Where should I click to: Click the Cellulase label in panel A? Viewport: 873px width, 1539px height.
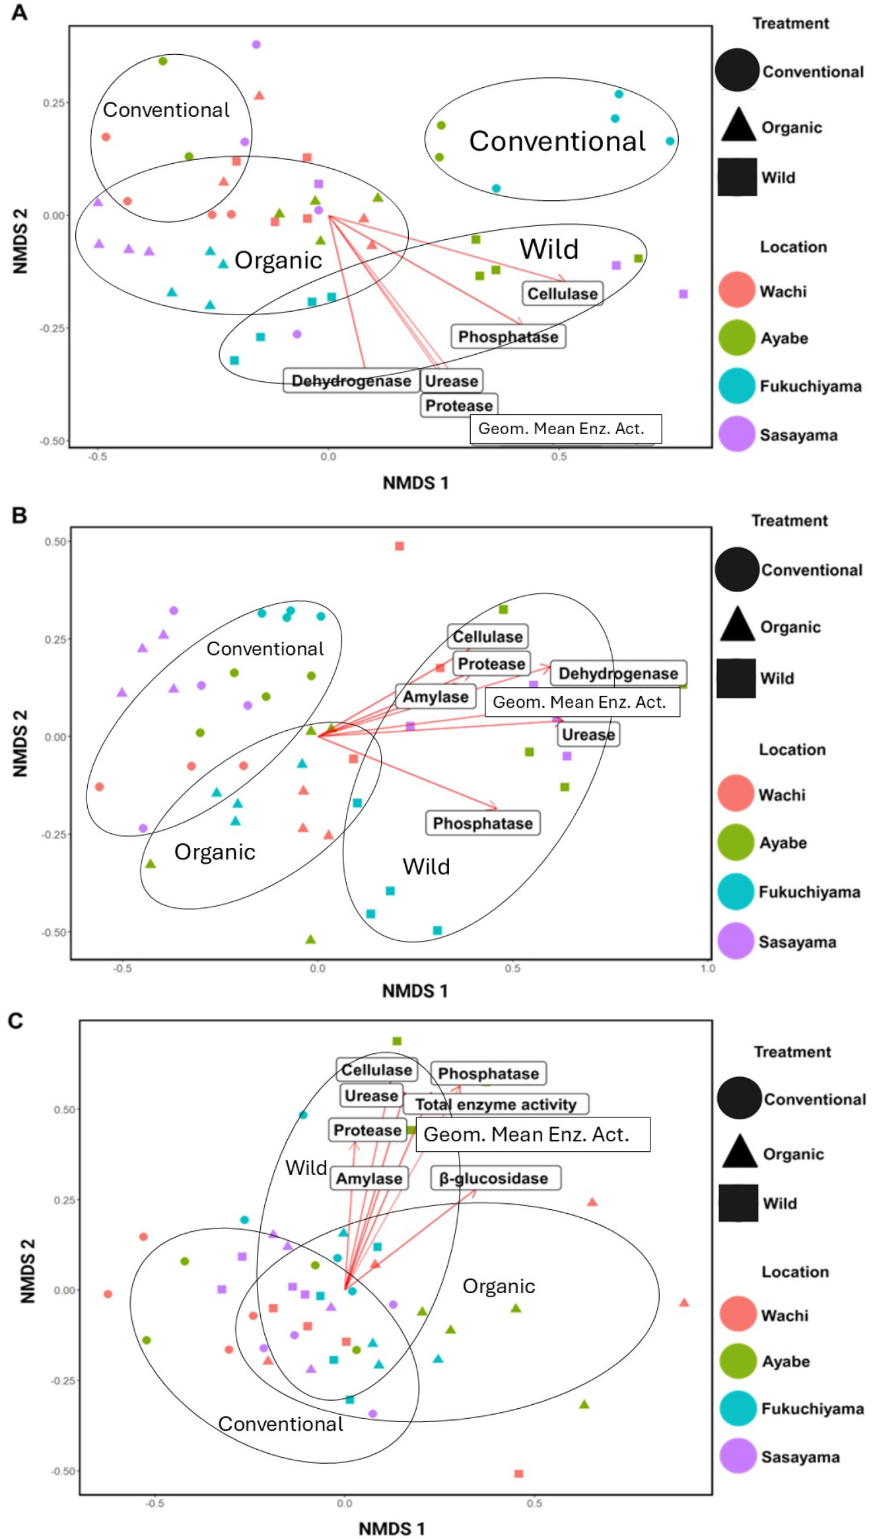point(562,293)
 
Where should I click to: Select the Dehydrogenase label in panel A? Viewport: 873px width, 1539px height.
point(351,381)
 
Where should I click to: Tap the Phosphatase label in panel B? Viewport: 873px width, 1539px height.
point(482,823)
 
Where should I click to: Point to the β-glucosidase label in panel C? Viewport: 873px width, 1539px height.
point(495,1178)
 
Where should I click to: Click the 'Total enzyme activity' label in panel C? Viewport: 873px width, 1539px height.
point(495,1104)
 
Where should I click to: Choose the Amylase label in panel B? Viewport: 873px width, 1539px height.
point(435,696)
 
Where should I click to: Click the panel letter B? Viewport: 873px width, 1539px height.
point(19,515)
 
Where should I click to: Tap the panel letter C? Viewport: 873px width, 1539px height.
point(15,1021)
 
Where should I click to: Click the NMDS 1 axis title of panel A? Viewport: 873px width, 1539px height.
point(415,483)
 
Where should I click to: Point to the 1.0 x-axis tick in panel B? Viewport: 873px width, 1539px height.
point(707,969)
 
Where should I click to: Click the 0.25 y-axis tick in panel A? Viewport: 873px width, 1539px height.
point(54,103)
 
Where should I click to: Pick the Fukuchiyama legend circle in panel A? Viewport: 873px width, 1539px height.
point(736,386)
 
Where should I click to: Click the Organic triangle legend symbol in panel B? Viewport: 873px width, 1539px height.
point(737,625)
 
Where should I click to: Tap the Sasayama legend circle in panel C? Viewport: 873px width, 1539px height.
point(738,1456)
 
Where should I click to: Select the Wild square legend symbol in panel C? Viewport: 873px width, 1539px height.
point(738,1203)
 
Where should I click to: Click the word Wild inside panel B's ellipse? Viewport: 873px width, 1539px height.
point(426,866)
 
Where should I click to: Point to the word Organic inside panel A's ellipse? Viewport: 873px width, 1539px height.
point(278,260)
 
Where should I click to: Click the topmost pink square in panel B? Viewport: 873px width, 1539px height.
point(399,546)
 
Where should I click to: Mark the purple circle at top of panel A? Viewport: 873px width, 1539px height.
point(256,45)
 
